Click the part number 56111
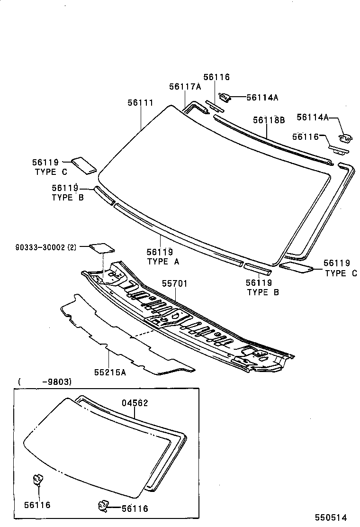click(140, 102)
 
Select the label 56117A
click(185, 86)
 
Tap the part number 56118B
click(269, 120)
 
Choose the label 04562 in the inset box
click(135, 403)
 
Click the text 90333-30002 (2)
click(45, 247)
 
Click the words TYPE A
click(163, 261)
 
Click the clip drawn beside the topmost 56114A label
click(226, 98)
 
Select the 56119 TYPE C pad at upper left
click(84, 164)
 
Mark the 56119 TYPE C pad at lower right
click(297, 268)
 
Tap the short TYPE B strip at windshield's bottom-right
click(258, 268)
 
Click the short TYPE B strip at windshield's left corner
click(104, 196)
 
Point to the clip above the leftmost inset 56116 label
click(37, 479)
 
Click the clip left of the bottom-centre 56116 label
click(103, 506)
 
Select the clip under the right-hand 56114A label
click(346, 138)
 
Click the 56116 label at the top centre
click(216, 77)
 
